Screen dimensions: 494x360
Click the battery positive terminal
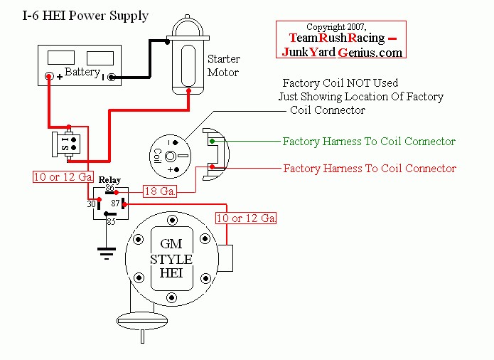pyautogui.click(x=49, y=76)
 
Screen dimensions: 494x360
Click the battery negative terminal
pyautogui.click(x=111, y=77)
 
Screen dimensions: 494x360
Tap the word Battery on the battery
pyautogui.click(x=82, y=72)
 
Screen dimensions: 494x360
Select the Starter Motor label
pyautogui.click(x=223, y=65)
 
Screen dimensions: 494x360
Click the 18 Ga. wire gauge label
pyautogui.click(x=160, y=191)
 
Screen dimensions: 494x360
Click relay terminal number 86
pyautogui.click(x=109, y=188)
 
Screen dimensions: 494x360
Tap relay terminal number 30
pyautogui.click(x=92, y=204)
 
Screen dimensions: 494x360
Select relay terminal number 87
pyautogui.click(x=115, y=203)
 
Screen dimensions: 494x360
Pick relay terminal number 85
pyautogui.click(x=111, y=221)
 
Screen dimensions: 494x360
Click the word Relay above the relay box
pyautogui.click(x=109, y=180)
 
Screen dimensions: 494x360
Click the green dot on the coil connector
pyautogui.click(x=213, y=142)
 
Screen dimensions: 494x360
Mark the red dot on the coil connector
pyautogui.click(x=213, y=166)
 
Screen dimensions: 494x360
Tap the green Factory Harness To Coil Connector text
pyautogui.click(x=369, y=142)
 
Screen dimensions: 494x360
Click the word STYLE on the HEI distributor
pyautogui.click(x=171, y=260)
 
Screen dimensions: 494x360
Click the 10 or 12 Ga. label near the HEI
pyautogui.click(x=246, y=218)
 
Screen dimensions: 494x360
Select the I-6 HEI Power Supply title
pyautogui.click(x=85, y=16)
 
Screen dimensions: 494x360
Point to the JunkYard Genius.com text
pyautogui.click(x=342, y=52)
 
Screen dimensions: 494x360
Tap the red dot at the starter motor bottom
pyautogui.click(x=188, y=91)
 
